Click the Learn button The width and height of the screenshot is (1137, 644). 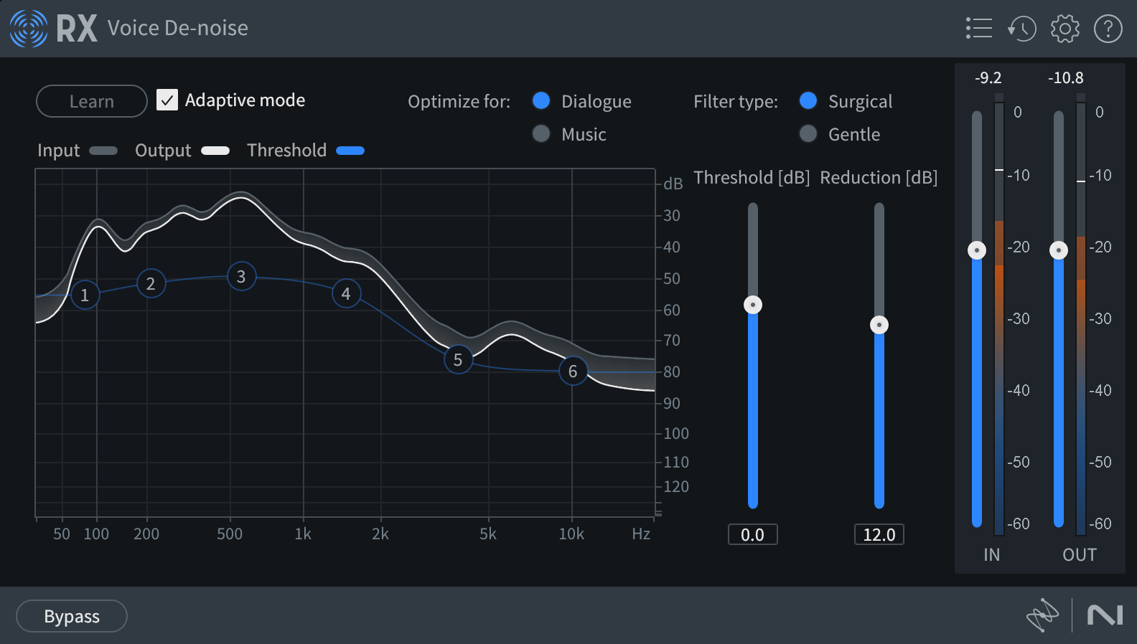[91, 101]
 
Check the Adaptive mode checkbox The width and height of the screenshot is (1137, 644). [167, 100]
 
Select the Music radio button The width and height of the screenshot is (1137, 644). [541, 133]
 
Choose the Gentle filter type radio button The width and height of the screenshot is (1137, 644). [808, 133]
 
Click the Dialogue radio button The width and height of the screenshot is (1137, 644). [541, 100]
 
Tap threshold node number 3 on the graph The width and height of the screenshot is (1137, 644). [241, 276]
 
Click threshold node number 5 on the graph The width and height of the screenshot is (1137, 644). [458, 359]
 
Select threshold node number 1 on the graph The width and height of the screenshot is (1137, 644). [85, 295]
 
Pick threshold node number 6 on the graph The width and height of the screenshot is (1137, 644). [573, 371]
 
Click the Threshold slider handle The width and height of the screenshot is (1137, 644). [753, 305]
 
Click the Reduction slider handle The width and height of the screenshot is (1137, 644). [879, 325]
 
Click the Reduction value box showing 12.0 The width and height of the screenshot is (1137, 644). [879, 534]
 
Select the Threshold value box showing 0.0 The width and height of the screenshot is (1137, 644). [753, 534]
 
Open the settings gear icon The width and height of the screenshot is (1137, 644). [1065, 29]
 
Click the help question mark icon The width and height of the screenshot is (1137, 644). [1108, 29]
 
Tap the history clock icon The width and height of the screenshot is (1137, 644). [1022, 29]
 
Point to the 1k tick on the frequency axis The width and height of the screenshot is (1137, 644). [303, 534]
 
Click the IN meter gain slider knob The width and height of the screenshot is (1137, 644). [977, 250]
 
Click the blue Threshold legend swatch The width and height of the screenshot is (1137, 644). [350, 151]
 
